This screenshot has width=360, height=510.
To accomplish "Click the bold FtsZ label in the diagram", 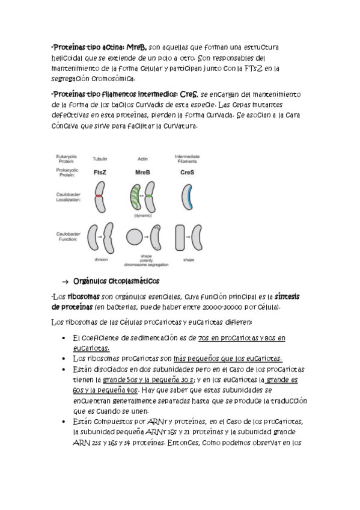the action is click(100, 172).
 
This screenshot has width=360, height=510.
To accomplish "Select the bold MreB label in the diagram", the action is click(142, 172).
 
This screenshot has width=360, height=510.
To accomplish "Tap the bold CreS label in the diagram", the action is click(187, 172).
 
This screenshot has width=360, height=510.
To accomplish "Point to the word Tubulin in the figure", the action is click(100, 159).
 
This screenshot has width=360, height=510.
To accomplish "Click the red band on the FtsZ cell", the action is click(99, 196).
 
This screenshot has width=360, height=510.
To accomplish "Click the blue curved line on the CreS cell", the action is click(190, 197).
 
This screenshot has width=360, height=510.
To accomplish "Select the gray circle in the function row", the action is click(134, 236).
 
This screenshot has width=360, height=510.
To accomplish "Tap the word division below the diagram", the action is click(101, 260).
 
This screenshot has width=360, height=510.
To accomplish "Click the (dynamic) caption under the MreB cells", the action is click(143, 215).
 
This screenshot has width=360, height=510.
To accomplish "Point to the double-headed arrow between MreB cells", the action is click(142, 196).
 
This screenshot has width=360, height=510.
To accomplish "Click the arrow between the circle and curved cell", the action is click(146, 237).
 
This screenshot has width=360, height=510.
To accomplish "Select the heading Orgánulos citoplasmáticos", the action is click(117, 281).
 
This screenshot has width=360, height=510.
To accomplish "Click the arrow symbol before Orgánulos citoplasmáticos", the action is click(65, 281).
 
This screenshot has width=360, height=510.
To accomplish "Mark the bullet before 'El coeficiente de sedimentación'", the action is click(64, 338).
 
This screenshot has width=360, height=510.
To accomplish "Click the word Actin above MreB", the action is click(142, 159).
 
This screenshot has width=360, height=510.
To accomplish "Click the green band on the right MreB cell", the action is click(149, 196).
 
